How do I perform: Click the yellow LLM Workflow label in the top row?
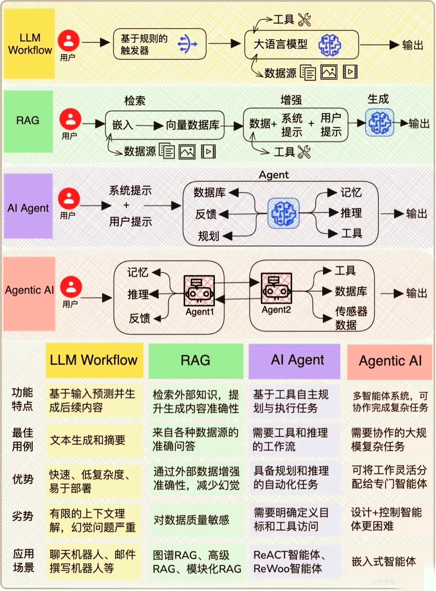[29, 44]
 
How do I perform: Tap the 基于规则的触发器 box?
[159, 44]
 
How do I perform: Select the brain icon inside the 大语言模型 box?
[329, 44]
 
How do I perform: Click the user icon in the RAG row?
[70, 119]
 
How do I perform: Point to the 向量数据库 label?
[193, 125]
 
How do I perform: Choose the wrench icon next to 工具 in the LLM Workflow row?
[304, 19]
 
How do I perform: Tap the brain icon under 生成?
[379, 122]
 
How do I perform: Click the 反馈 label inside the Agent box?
[206, 214]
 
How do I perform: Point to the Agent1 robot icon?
[199, 291]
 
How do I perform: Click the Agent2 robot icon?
[276, 288]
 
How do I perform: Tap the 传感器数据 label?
[350, 318]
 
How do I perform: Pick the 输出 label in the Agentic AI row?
[416, 293]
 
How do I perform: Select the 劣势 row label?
[23, 516]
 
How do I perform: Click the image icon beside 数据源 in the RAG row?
[187, 152]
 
